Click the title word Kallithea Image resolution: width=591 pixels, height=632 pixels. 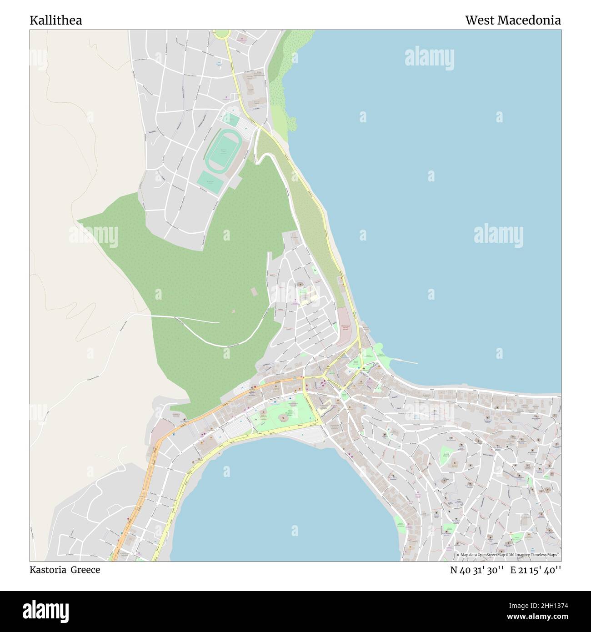56,20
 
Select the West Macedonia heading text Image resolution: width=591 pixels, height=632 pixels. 512,20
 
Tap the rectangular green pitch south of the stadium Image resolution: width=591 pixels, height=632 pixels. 210,182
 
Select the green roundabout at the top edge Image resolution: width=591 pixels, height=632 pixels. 222,34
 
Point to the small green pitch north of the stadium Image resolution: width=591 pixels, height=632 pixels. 231,120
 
